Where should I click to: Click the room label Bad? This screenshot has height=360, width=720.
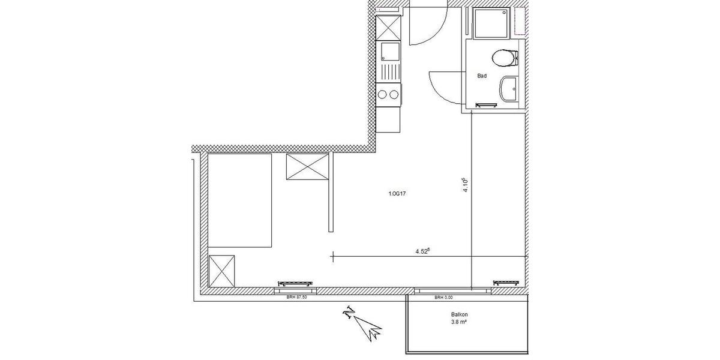click(x=481, y=76)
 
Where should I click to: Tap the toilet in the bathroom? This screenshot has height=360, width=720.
click(x=504, y=59)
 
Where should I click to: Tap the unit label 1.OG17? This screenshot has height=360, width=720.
click(x=398, y=193)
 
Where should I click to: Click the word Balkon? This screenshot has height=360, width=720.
click(x=460, y=314)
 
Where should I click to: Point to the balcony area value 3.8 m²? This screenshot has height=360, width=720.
click(x=460, y=322)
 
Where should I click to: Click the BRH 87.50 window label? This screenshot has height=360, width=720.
click(x=296, y=297)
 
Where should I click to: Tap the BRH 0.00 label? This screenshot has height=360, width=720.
click(x=445, y=297)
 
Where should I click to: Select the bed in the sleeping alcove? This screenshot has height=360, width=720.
click(x=240, y=199)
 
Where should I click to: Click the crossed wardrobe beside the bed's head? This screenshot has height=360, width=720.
click(x=308, y=167)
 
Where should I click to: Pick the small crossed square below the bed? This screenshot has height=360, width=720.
click(x=222, y=271)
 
